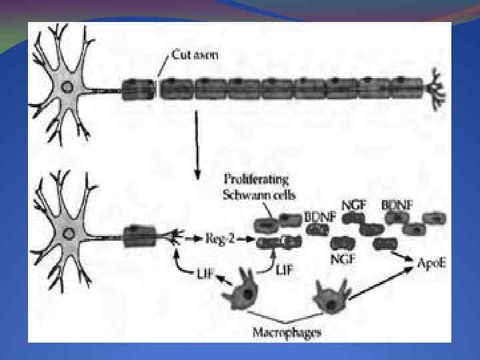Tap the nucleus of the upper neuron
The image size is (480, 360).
pyautogui.click(x=67, y=87)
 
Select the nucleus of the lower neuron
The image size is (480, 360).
pyautogui.click(x=67, y=234)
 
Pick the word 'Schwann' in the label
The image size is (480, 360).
pyautogui.click(x=243, y=194)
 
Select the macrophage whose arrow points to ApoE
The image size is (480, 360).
pyautogui.click(x=329, y=295)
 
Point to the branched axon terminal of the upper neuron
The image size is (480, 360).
pyautogui.click(x=437, y=86)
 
